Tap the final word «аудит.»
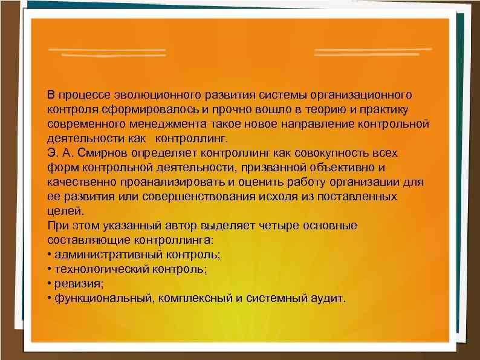point(327,298)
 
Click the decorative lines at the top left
point(108,51)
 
